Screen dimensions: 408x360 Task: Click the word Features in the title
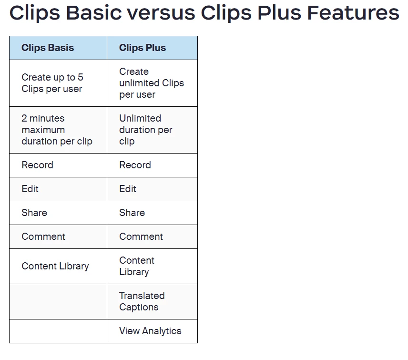[x=353, y=12]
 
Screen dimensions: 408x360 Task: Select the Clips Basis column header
[x=48, y=48]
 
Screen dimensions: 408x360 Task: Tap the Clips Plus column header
[x=143, y=48]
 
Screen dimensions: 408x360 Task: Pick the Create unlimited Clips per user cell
[x=152, y=83]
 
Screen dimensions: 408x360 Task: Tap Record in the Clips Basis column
[x=38, y=165]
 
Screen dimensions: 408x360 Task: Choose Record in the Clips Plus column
[x=135, y=165]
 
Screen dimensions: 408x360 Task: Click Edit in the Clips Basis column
[x=30, y=189]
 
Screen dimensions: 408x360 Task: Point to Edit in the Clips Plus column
[x=128, y=189]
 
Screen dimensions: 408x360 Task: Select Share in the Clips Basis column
[x=34, y=213]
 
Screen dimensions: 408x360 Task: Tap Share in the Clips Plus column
[x=132, y=213]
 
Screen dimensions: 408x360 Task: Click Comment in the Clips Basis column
[x=43, y=237]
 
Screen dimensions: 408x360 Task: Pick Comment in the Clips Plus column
[x=141, y=237]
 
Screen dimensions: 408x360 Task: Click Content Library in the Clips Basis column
[x=55, y=266]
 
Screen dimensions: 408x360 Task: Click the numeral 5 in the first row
[x=81, y=77]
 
